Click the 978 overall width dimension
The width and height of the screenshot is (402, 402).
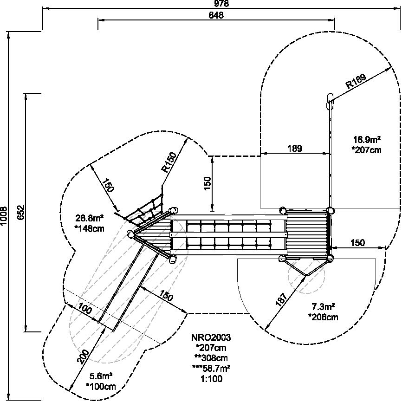point(221,3)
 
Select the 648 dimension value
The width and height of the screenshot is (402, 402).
point(216,15)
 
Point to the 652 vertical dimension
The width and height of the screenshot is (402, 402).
point(21,212)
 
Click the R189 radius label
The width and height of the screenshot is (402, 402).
point(356,81)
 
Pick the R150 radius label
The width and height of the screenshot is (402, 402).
point(169,162)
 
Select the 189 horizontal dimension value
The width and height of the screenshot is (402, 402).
point(295,148)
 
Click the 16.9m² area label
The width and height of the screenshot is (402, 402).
point(367,140)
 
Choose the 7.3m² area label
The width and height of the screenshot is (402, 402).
point(323,306)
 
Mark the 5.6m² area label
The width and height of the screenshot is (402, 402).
point(101,376)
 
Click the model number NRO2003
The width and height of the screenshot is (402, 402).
point(211,337)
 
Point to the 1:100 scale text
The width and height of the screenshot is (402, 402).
point(212,378)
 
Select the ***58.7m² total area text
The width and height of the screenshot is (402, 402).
point(211,369)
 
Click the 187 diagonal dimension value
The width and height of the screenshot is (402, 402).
point(281,299)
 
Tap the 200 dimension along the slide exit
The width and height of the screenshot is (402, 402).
point(83,357)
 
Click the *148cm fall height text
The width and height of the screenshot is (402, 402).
point(90,228)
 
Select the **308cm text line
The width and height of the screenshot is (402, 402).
point(211,357)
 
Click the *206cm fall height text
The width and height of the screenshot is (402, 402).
point(323,317)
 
